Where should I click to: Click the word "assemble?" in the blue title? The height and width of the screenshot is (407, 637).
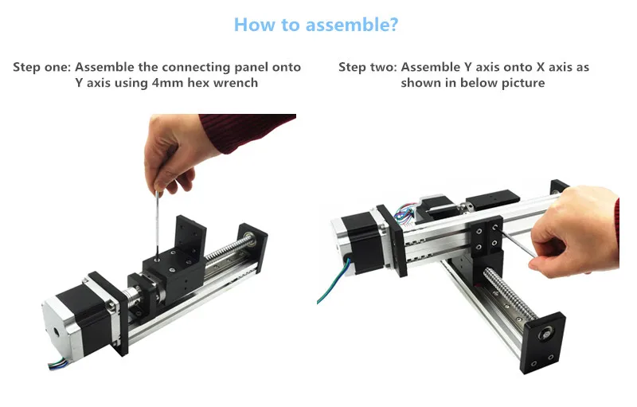pyautogui.click(x=352, y=25)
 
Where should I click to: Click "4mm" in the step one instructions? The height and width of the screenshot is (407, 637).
pyautogui.click(x=166, y=83)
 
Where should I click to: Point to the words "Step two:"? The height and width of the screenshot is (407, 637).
pyautogui.click(x=368, y=67)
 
